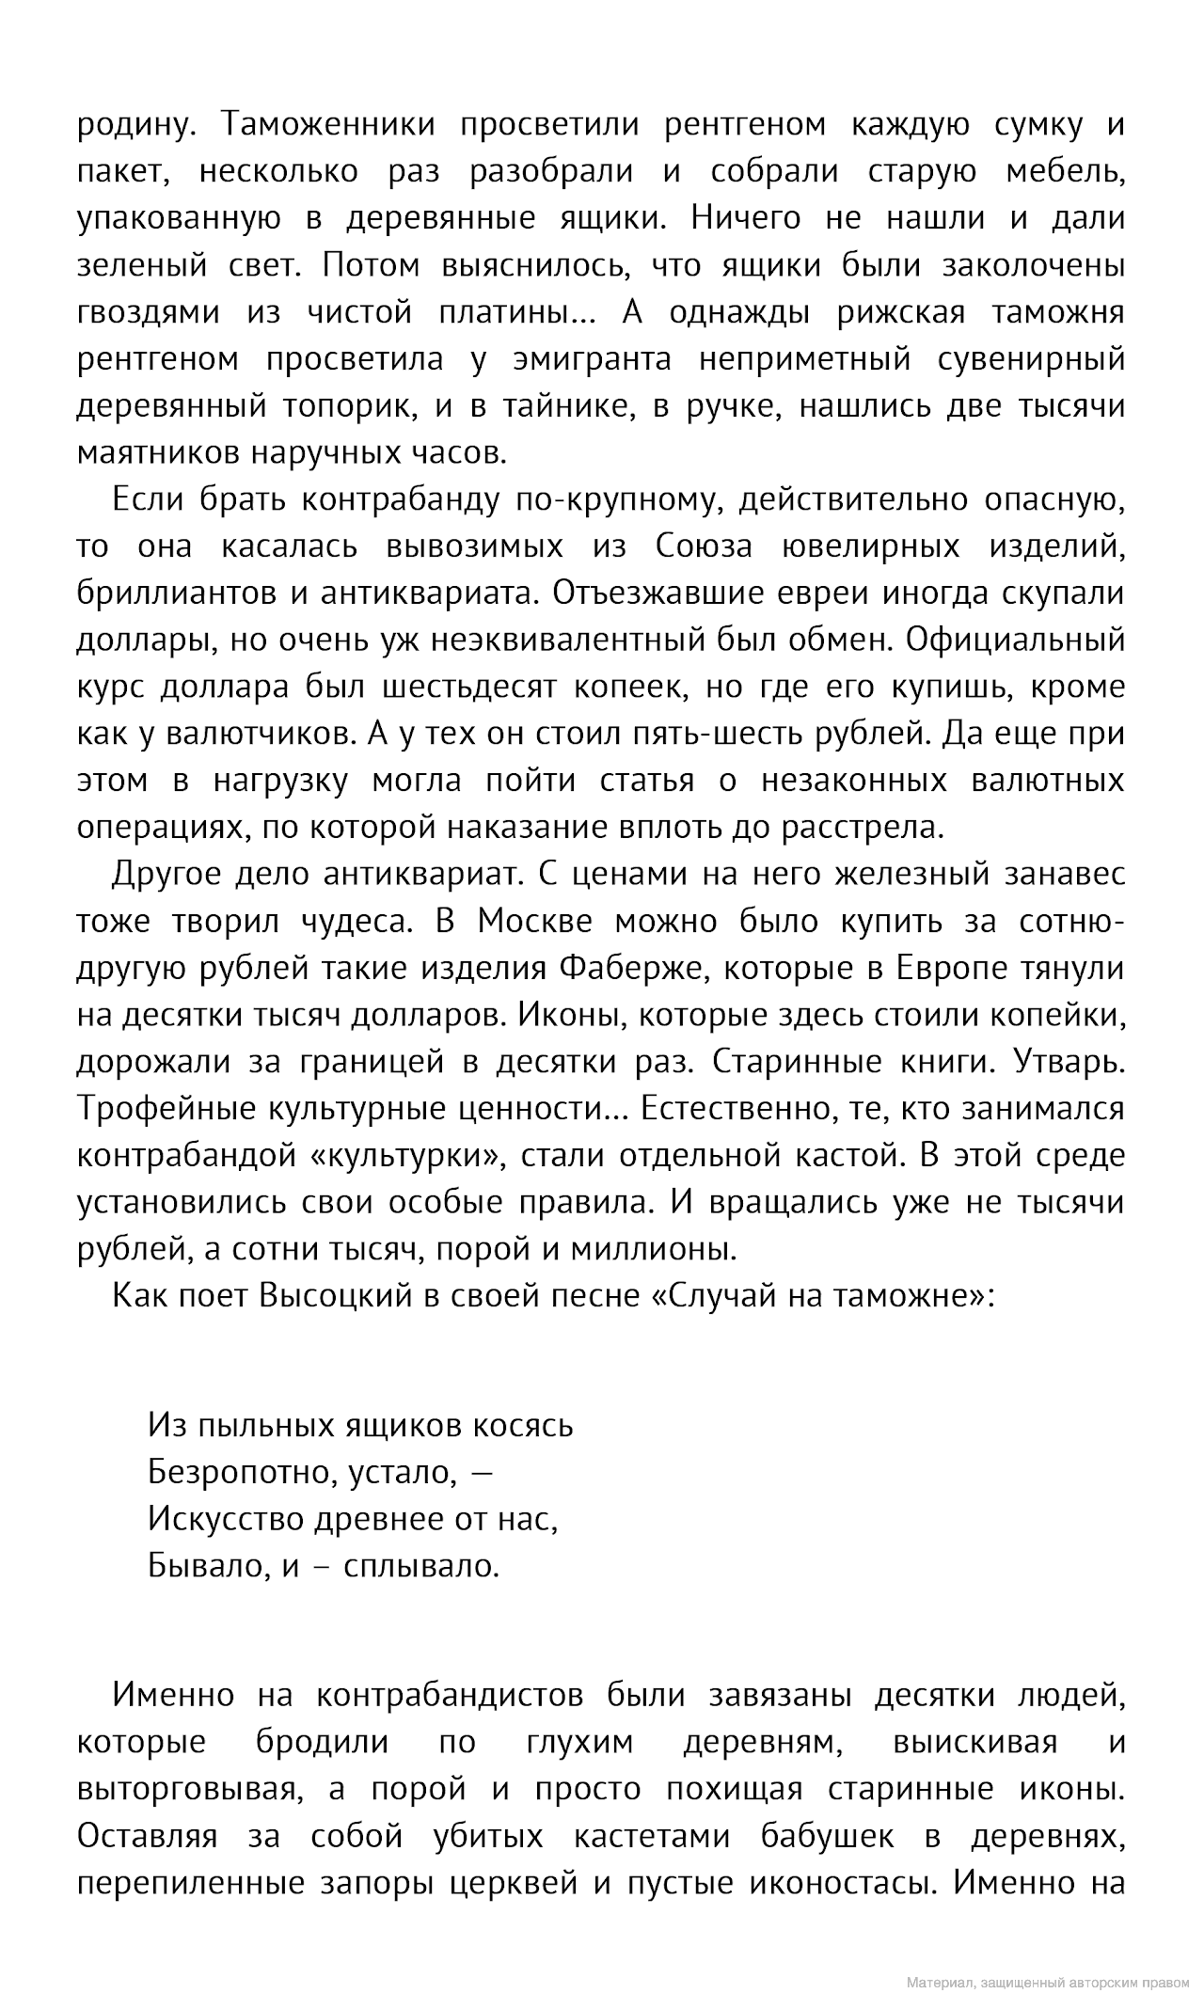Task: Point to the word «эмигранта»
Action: click(x=592, y=359)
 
